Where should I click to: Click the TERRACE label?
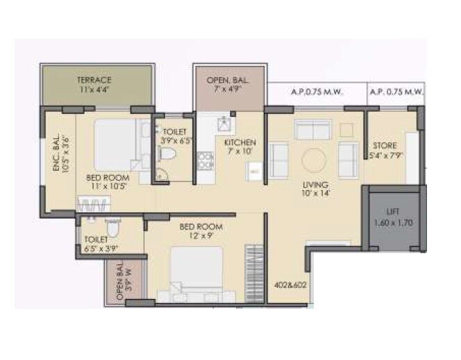click(94, 80)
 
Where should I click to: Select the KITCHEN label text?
click(240, 143)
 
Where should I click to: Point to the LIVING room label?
click(315, 185)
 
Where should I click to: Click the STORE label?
click(385, 146)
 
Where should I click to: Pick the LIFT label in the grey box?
click(393, 214)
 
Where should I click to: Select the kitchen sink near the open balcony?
click(224, 123)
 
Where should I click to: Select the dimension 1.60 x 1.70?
click(393, 224)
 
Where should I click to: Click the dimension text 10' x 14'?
click(315, 195)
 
